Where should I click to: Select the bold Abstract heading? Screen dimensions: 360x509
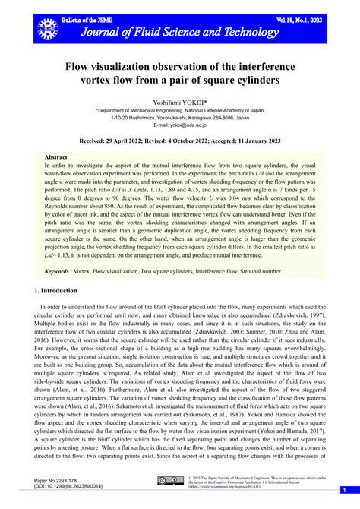[56, 157]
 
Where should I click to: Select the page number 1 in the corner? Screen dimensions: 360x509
[343, 490]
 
